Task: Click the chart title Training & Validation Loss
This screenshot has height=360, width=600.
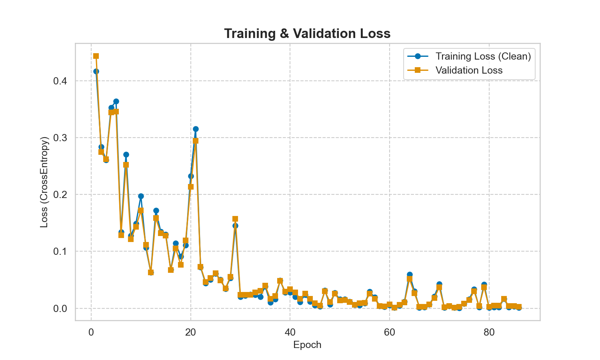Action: click(307, 34)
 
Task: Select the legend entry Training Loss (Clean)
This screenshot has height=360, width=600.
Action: click(483, 56)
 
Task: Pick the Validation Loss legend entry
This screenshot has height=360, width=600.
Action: click(469, 70)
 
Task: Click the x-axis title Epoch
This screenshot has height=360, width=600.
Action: click(307, 345)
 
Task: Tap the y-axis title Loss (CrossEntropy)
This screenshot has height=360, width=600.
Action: click(44, 182)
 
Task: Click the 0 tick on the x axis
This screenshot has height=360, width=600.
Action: click(91, 332)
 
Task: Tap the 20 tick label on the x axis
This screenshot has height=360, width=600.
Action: click(190, 332)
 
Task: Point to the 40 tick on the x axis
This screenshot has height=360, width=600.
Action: click(290, 332)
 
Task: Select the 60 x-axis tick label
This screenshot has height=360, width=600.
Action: click(390, 332)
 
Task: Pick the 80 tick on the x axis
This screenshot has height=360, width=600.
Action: click(489, 332)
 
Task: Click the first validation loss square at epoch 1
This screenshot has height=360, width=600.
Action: click(96, 56)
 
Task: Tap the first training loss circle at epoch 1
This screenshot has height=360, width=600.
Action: click(96, 71)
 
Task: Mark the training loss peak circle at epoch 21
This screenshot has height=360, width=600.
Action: click(196, 129)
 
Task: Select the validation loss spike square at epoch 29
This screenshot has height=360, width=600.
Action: click(235, 219)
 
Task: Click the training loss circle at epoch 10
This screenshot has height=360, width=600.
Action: click(141, 196)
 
